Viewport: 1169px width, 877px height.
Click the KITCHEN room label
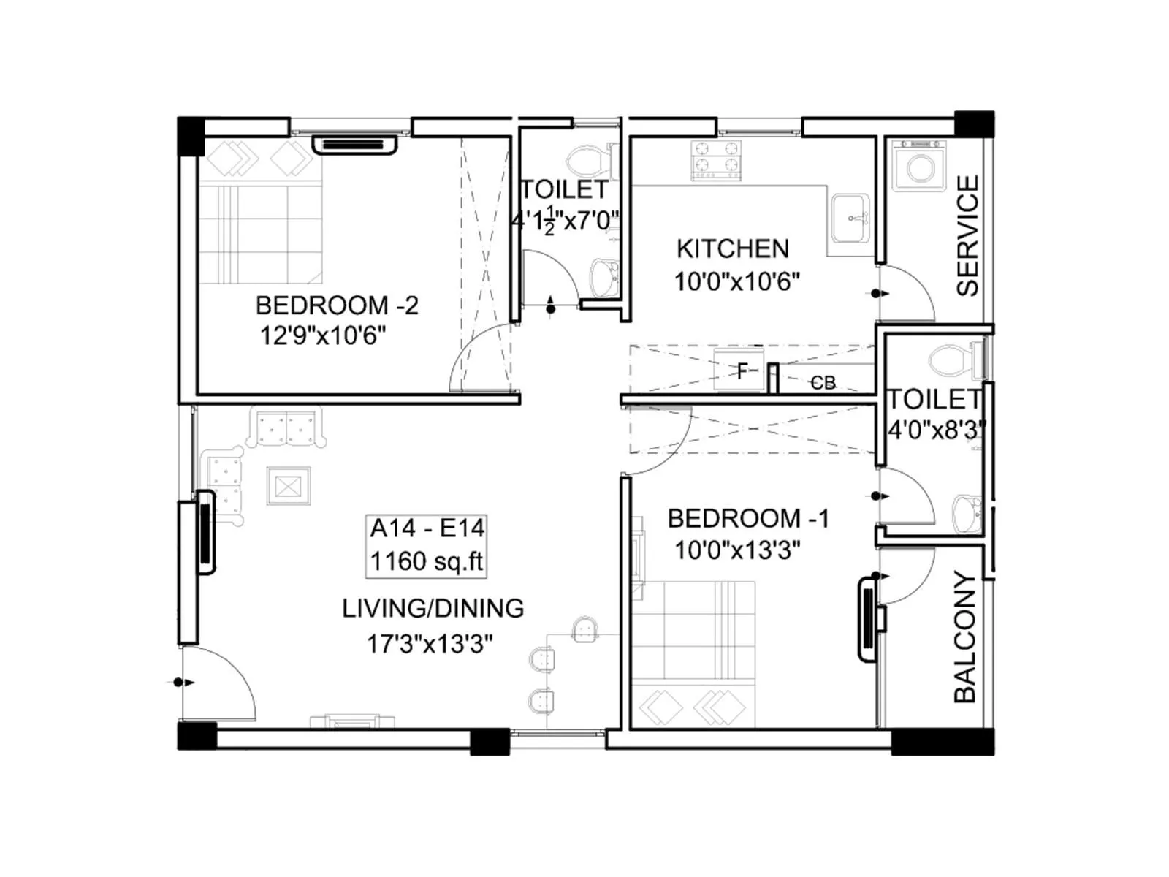(732, 249)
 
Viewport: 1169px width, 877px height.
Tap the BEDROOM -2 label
(337, 305)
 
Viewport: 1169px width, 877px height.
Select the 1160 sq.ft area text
(427, 561)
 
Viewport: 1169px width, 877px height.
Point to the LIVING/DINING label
(433, 608)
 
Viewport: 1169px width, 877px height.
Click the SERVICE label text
(967, 235)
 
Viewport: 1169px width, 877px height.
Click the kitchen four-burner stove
(716, 160)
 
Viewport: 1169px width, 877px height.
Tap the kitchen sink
(850, 217)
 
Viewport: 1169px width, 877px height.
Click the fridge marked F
(741, 371)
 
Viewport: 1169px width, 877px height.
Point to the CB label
(823, 383)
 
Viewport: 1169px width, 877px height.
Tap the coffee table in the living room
(288, 486)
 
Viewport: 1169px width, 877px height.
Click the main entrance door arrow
(183, 683)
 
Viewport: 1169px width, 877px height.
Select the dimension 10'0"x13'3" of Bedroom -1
(737, 550)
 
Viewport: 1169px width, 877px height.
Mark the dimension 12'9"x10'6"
(323, 336)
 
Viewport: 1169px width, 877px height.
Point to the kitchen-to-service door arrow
(880, 294)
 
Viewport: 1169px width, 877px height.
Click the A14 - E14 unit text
(427, 528)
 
